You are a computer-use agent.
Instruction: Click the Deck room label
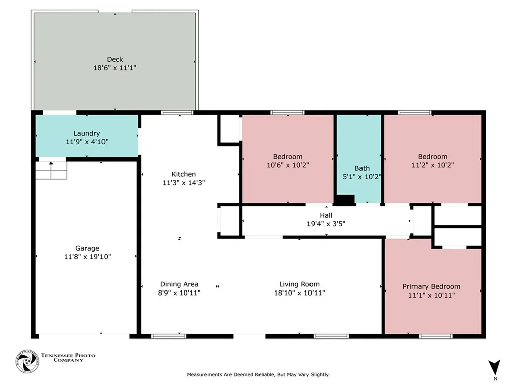(x=115, y=60)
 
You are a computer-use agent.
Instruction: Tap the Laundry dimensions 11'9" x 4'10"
(x=87, y=142)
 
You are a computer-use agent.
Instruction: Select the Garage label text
(x=87, y=248)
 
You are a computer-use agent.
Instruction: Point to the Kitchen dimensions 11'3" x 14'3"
(x=184, y=183)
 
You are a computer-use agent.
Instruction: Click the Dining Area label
(x=179, y=284)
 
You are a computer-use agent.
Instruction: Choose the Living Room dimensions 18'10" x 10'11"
(x=299, y=293)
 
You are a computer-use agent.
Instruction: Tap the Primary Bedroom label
(x=432, y=287)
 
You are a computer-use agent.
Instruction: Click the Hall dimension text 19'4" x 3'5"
(x=326, y=224)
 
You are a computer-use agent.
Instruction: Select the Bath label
(x=362, y=168)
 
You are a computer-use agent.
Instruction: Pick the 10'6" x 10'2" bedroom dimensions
(x=288, y=165)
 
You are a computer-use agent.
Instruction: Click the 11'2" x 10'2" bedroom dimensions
(x=433, y=165)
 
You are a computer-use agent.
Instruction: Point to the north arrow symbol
(x=494, y=367)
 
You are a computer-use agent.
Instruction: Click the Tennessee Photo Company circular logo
(x=27, y=361)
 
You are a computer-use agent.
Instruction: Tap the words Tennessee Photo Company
(x=68, y=358)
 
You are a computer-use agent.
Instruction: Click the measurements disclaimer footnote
(x=258, y=375)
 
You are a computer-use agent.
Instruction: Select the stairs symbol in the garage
(x=51, y=170)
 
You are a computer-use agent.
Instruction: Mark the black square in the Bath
(x=345, y=199)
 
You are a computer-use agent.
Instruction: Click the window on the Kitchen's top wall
(x=177, y=113)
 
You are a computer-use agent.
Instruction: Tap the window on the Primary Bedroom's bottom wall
(x=436, y=336)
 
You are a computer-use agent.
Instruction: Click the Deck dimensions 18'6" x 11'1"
(x=115, y=68)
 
